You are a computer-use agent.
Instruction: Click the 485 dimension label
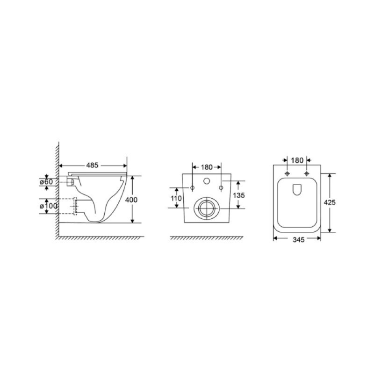92,165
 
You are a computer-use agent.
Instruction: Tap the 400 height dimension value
131,200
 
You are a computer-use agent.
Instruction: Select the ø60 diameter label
46,182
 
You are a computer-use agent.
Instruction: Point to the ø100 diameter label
49,206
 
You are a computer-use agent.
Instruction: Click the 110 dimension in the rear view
176,198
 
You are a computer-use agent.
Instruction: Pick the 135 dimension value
239,195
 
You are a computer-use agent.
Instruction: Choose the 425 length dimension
330,202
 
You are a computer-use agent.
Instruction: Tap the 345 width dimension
299,239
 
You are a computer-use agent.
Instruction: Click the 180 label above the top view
297,160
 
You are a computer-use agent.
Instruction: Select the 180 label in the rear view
207,167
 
